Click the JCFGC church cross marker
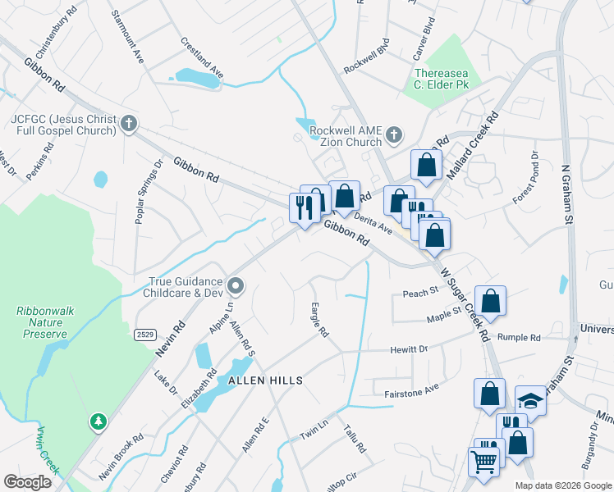(127, 125)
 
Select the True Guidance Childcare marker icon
(236, 286)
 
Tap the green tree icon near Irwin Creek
(98, 421)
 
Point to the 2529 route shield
(145, 335)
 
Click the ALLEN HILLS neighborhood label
(265, 380)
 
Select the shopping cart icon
(483, 461)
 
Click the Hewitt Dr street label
(412, 349)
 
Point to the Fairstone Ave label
(412, 394)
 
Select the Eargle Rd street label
(319, 321)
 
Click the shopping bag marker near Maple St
(490, 301)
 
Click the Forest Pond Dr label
(526, 177)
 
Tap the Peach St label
(418, 293)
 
